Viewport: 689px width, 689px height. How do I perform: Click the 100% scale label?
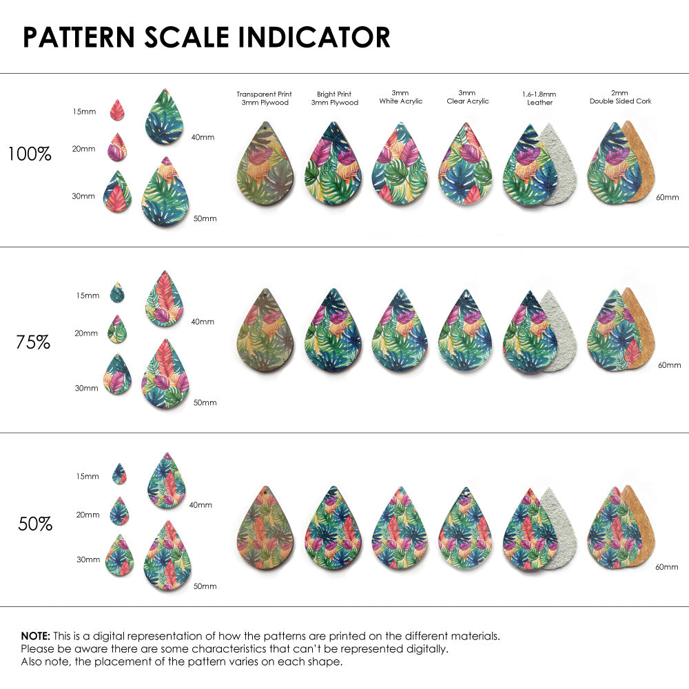(29, 154)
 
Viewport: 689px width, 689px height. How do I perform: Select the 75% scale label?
(33, 341)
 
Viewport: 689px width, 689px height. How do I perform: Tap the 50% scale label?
(35, 524)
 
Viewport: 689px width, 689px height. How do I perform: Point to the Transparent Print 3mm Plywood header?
(264, 98)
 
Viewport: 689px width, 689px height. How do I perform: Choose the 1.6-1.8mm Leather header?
(539, 98)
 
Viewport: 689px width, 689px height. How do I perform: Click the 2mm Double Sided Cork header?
(620, 97)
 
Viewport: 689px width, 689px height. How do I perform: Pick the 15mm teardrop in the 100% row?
(117, 110)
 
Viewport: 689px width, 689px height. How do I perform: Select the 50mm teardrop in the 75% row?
(165, 375)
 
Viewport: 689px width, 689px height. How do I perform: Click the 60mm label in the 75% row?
(669, 364)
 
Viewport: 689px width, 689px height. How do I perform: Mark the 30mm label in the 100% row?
(83, 196)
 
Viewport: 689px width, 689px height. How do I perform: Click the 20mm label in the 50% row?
(88, 515)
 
